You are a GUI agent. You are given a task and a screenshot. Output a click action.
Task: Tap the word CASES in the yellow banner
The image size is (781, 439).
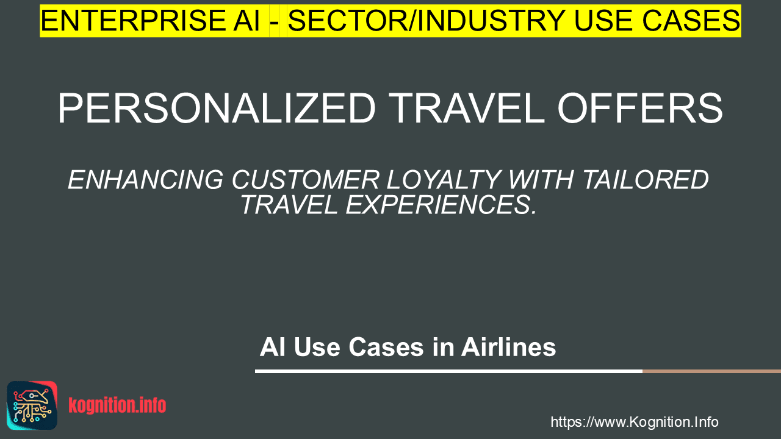click(x=691, y=21)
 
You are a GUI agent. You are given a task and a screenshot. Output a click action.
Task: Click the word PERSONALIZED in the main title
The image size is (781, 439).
click(x=217, y=108)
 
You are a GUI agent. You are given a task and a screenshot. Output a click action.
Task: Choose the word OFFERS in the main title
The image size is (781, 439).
click(x=640, y=108)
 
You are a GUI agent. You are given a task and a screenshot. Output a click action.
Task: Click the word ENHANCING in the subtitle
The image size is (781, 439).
click(x=145, y=180)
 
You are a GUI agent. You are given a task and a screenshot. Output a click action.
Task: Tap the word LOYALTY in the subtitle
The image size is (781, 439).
click(x=444, y=180)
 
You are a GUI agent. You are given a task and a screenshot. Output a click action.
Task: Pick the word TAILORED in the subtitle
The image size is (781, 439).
click(x=646, y=180)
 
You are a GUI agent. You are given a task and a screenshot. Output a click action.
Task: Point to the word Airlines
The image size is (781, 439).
click(x=508, y=347)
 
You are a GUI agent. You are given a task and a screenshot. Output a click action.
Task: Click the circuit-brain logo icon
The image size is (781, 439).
click(x=32, y=405)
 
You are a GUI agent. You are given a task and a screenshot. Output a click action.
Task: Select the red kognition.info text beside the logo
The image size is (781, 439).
click(x=117, y=405)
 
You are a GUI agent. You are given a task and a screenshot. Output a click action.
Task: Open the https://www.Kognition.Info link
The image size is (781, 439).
click(x=634, y=422)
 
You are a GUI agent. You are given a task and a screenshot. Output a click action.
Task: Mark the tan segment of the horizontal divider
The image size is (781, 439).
click(x=711, y=371)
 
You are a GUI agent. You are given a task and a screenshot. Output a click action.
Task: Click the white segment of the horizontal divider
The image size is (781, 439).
click(x=448, y=371)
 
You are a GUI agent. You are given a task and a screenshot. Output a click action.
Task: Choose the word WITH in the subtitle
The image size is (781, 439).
click(x=542, y=180)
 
